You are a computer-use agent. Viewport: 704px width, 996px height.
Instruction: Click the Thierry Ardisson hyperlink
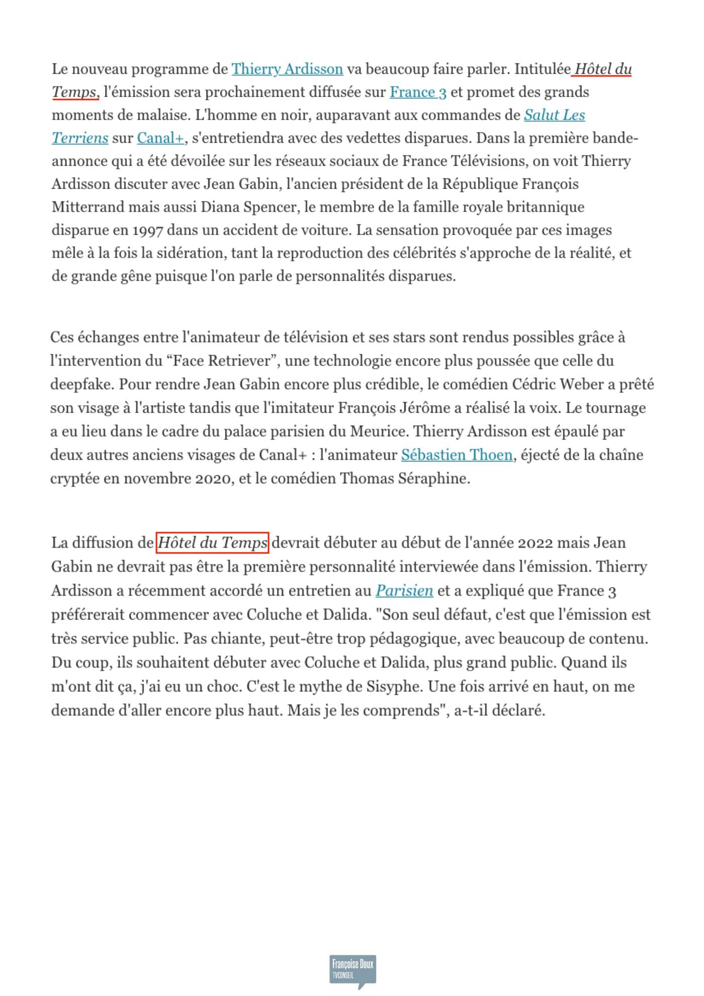coord(287,69)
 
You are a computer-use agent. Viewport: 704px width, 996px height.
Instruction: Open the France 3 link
coord(418,92)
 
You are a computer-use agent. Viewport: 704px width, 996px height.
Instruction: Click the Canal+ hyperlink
coord(160,138)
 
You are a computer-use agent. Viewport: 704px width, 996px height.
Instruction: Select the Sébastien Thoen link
coord(457,455)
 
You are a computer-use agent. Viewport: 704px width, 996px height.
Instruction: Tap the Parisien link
coord(404,591)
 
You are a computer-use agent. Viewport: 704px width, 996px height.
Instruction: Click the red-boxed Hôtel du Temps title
coord(212,543)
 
